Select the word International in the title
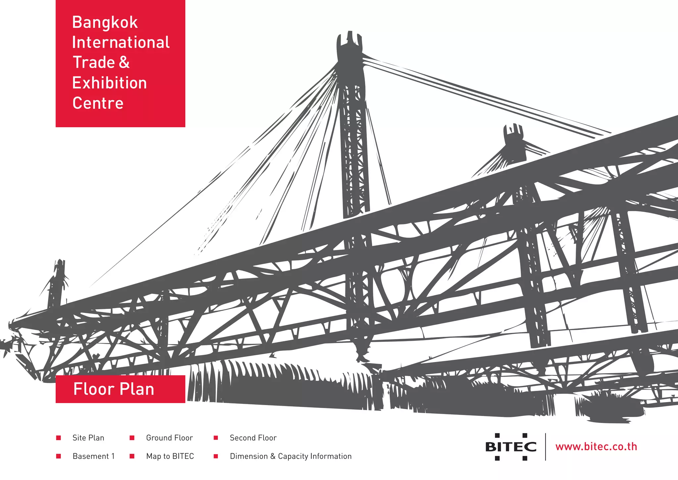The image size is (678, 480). (121, 42)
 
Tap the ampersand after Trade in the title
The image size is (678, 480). (124, 62)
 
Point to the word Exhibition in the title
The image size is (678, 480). (110, 83)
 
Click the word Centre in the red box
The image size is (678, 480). (98, 103)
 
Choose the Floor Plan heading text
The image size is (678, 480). (114, 389)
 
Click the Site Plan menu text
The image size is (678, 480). (88, 438)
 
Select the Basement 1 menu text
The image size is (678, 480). (94, 456)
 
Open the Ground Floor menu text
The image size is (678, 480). (169, 438)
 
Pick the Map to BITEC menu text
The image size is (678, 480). (170, 456)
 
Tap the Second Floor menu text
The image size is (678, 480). (253, 438)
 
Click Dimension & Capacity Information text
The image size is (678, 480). (291, 456)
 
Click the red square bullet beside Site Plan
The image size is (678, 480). (59, 438)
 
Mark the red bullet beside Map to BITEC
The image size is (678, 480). (132, 456)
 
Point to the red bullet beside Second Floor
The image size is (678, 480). (216, 438)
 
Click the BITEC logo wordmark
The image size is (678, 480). (511, 447)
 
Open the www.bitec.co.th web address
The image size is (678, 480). (596, 447)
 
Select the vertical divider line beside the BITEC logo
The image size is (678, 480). (546, 447)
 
